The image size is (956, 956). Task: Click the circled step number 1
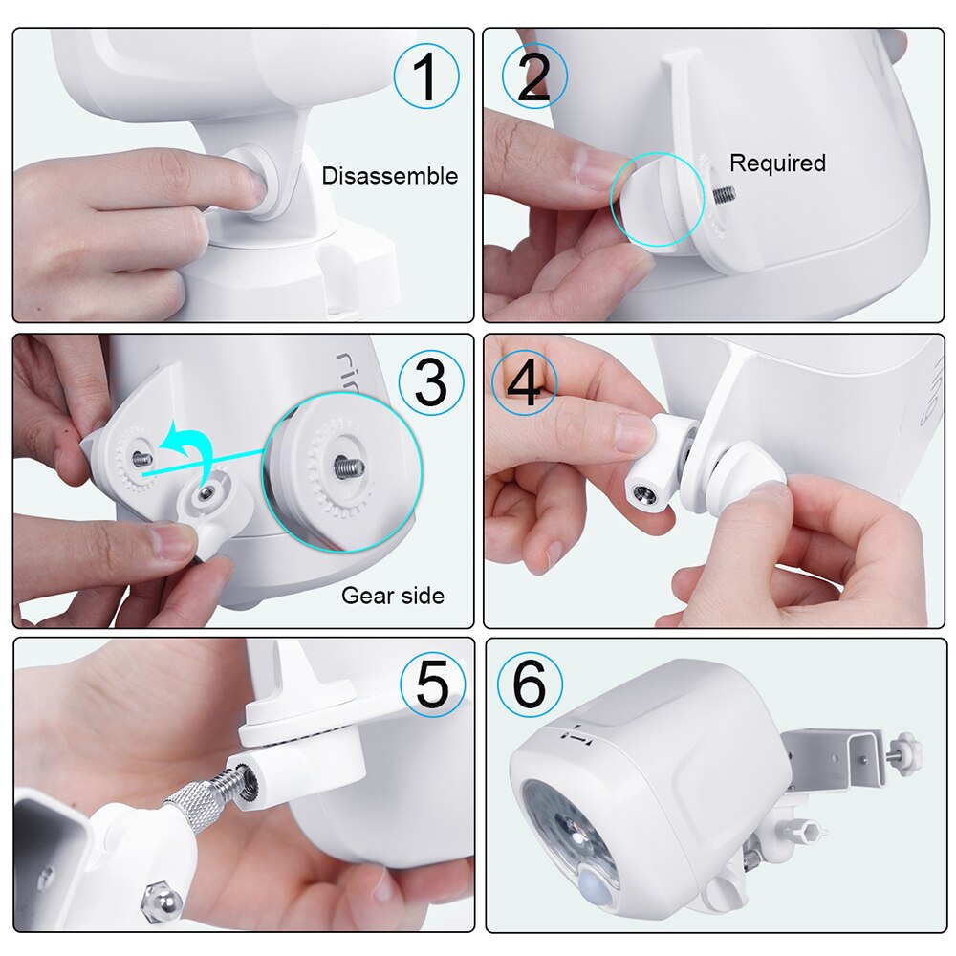(426, 76)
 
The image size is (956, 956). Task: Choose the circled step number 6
(530, 684)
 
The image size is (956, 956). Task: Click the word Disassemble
(389, 176)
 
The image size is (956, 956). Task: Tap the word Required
(777, 163)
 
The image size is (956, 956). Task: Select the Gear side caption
(393, 596)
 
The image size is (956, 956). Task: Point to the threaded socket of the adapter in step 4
(640, 493)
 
